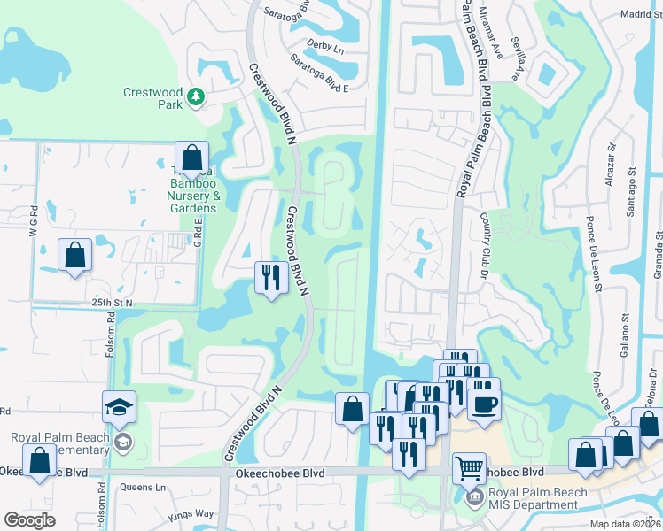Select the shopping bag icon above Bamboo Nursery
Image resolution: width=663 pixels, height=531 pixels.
pyautogui.click(x=191, y=158)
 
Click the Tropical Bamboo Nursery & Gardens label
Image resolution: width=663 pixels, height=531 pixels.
pyautogui.click(x=192, y=189)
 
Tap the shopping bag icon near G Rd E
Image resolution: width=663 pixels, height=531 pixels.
pyautogui.click(x=75, y=255)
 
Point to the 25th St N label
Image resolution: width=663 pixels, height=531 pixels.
pyautogui.click(x=111, y=303)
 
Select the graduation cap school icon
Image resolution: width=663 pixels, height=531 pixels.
pyautogui.click(x=119, y=407)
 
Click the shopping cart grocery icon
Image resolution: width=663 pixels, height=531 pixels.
pyautogui.click(x=469, y=466)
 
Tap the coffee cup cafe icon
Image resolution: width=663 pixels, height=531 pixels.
pyautogui.click(x=483, y=404)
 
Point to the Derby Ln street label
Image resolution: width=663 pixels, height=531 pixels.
pyautogui.click(x=324, y=47)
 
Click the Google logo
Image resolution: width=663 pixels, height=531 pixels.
pyautogui.click(x=29, y=520)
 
